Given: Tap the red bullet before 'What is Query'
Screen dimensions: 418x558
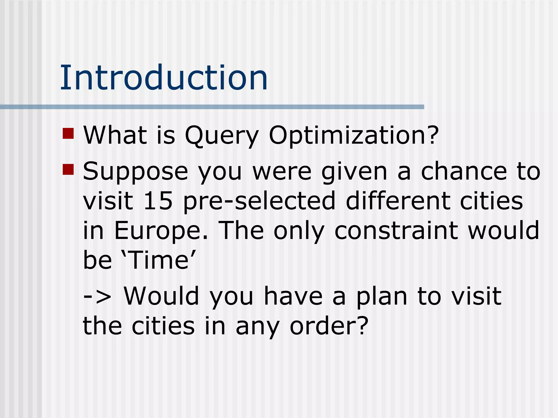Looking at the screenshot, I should coord(68,133).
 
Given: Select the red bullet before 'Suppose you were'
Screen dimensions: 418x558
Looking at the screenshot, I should coord(68,169).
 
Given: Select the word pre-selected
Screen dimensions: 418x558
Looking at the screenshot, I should coord(259,201).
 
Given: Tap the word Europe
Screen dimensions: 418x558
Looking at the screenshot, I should coord(161,231).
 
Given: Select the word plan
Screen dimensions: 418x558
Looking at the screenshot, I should coord(382,297).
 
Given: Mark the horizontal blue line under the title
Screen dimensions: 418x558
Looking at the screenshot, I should coord(213,107).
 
